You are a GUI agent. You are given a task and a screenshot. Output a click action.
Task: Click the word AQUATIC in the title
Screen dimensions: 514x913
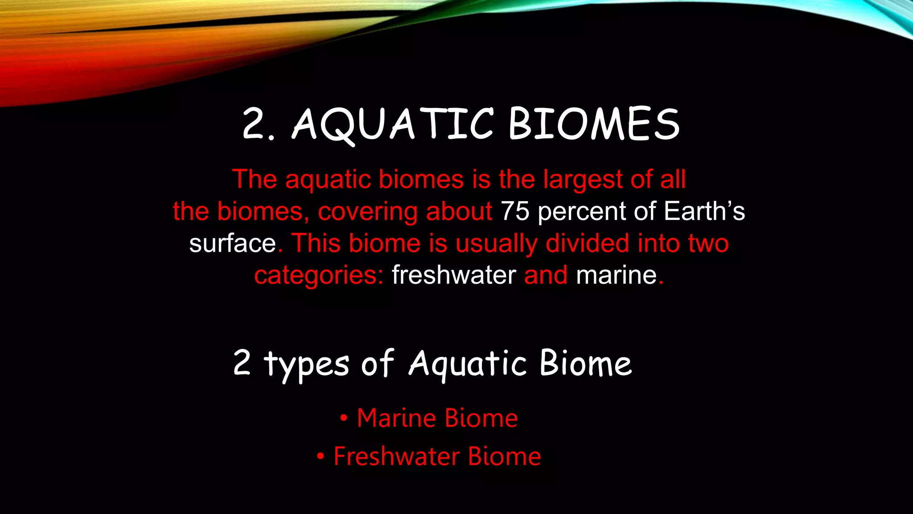click(392, 124)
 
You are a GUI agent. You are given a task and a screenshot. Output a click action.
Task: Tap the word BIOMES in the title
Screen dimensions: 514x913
click(594, 124)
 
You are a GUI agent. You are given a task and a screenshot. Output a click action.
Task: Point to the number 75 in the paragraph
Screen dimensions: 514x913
click(515, 211)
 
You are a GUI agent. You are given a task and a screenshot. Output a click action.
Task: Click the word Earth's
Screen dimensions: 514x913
click(704, 211)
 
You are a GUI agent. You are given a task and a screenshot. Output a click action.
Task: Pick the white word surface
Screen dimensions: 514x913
click(232, 244)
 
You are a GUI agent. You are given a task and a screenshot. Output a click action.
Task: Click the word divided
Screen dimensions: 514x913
click(588, 244)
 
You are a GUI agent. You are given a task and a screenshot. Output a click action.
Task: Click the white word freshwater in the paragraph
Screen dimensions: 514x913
click(453, 275)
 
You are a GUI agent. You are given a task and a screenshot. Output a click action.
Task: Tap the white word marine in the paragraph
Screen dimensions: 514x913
click(616, 275)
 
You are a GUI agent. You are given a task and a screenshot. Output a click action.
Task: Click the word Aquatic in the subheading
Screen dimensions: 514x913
click(468, 363)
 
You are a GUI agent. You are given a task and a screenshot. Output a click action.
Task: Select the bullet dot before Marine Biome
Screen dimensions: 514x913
click(343, 419)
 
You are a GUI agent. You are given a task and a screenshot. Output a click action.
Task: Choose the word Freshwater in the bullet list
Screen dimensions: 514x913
click(397, 456)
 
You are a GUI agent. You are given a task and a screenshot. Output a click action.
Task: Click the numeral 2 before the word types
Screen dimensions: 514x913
click(242, 362)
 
